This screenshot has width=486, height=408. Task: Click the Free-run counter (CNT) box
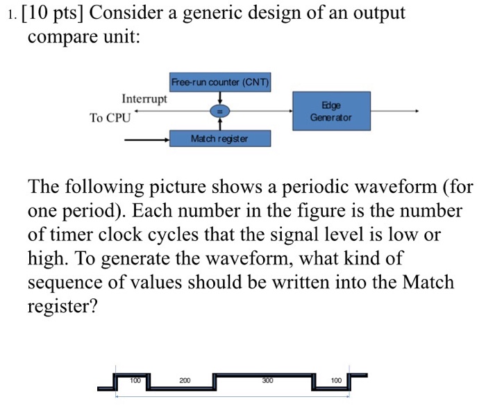220,82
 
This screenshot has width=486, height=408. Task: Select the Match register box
220,139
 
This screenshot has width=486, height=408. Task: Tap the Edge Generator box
331,111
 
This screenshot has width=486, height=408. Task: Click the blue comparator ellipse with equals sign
220,111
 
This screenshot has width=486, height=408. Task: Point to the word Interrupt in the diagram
144,99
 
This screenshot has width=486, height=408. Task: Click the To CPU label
110,118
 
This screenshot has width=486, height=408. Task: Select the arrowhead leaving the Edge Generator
415,111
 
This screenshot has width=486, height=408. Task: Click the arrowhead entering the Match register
166,139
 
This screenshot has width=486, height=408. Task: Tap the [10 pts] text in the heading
52,14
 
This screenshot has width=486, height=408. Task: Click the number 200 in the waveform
185,381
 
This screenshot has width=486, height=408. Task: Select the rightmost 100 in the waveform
336,381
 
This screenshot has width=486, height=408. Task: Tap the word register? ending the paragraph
62,306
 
